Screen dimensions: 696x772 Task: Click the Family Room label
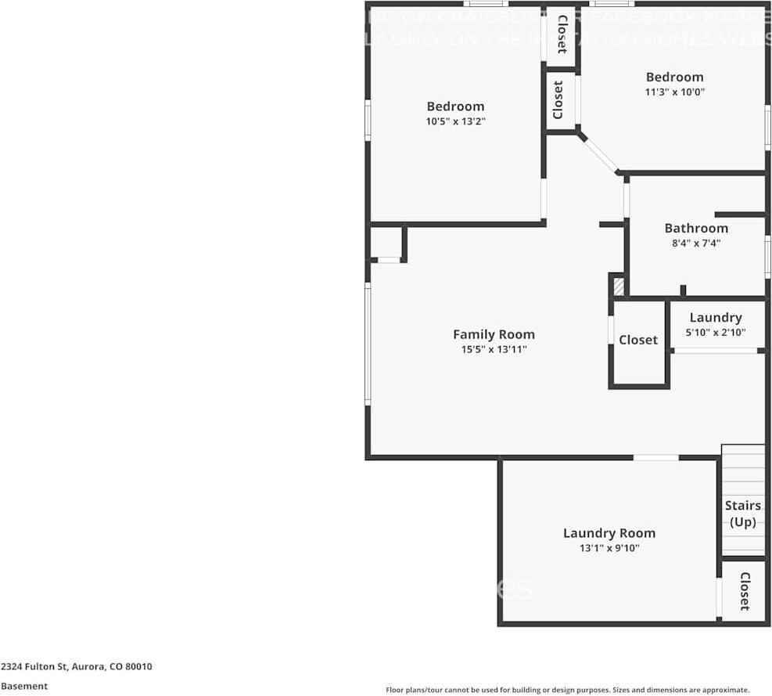494,334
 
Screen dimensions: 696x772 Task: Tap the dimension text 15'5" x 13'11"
494,350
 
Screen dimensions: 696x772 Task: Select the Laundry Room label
609,533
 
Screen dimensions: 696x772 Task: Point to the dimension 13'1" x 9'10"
609,549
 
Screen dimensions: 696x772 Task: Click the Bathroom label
696,228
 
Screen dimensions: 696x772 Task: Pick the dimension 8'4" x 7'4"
696,243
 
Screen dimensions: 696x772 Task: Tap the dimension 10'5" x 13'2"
455,121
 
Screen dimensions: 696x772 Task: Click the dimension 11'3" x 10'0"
674,92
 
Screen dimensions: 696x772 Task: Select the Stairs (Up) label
742,514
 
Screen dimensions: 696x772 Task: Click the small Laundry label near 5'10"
716,317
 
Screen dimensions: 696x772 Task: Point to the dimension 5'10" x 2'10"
716,332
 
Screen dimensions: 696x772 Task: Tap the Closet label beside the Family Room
638,340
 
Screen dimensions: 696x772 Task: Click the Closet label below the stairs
745,591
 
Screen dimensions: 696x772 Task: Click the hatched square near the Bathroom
619,287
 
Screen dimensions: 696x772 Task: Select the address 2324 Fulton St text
77,667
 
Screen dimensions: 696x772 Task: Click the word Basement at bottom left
24,686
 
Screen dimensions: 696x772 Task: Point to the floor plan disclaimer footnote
568,690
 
